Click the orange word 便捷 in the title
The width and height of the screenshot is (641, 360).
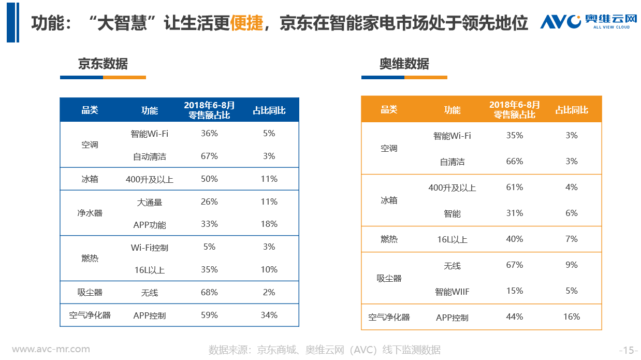click(246, 23)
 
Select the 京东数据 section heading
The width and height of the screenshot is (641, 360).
click(103, 64)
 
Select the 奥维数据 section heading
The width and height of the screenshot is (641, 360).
click(404, 64)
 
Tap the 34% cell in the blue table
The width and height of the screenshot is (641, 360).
click(269, 315)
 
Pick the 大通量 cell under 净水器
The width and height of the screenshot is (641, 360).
click(150, 203)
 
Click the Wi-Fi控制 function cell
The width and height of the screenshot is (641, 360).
click(150, 248)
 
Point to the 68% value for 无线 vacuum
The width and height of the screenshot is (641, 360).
click(209, 292)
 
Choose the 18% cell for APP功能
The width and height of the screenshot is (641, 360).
click(269, 224)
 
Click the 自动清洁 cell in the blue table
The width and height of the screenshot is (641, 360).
click(150, 156)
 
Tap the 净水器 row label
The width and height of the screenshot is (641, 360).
click(90, 213)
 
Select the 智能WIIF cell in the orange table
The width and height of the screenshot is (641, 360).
click(452, 292)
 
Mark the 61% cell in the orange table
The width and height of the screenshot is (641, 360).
click(515, 187)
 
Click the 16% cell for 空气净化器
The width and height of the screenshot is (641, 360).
click(572, 316)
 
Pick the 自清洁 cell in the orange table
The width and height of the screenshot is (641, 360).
click(452, 162)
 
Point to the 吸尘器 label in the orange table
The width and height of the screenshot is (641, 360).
click(389, 278)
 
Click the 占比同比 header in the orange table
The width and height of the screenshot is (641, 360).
click(572, 110)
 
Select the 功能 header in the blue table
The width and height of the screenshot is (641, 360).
click(150, 110)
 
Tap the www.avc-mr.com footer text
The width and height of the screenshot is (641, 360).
click(51, 350)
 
